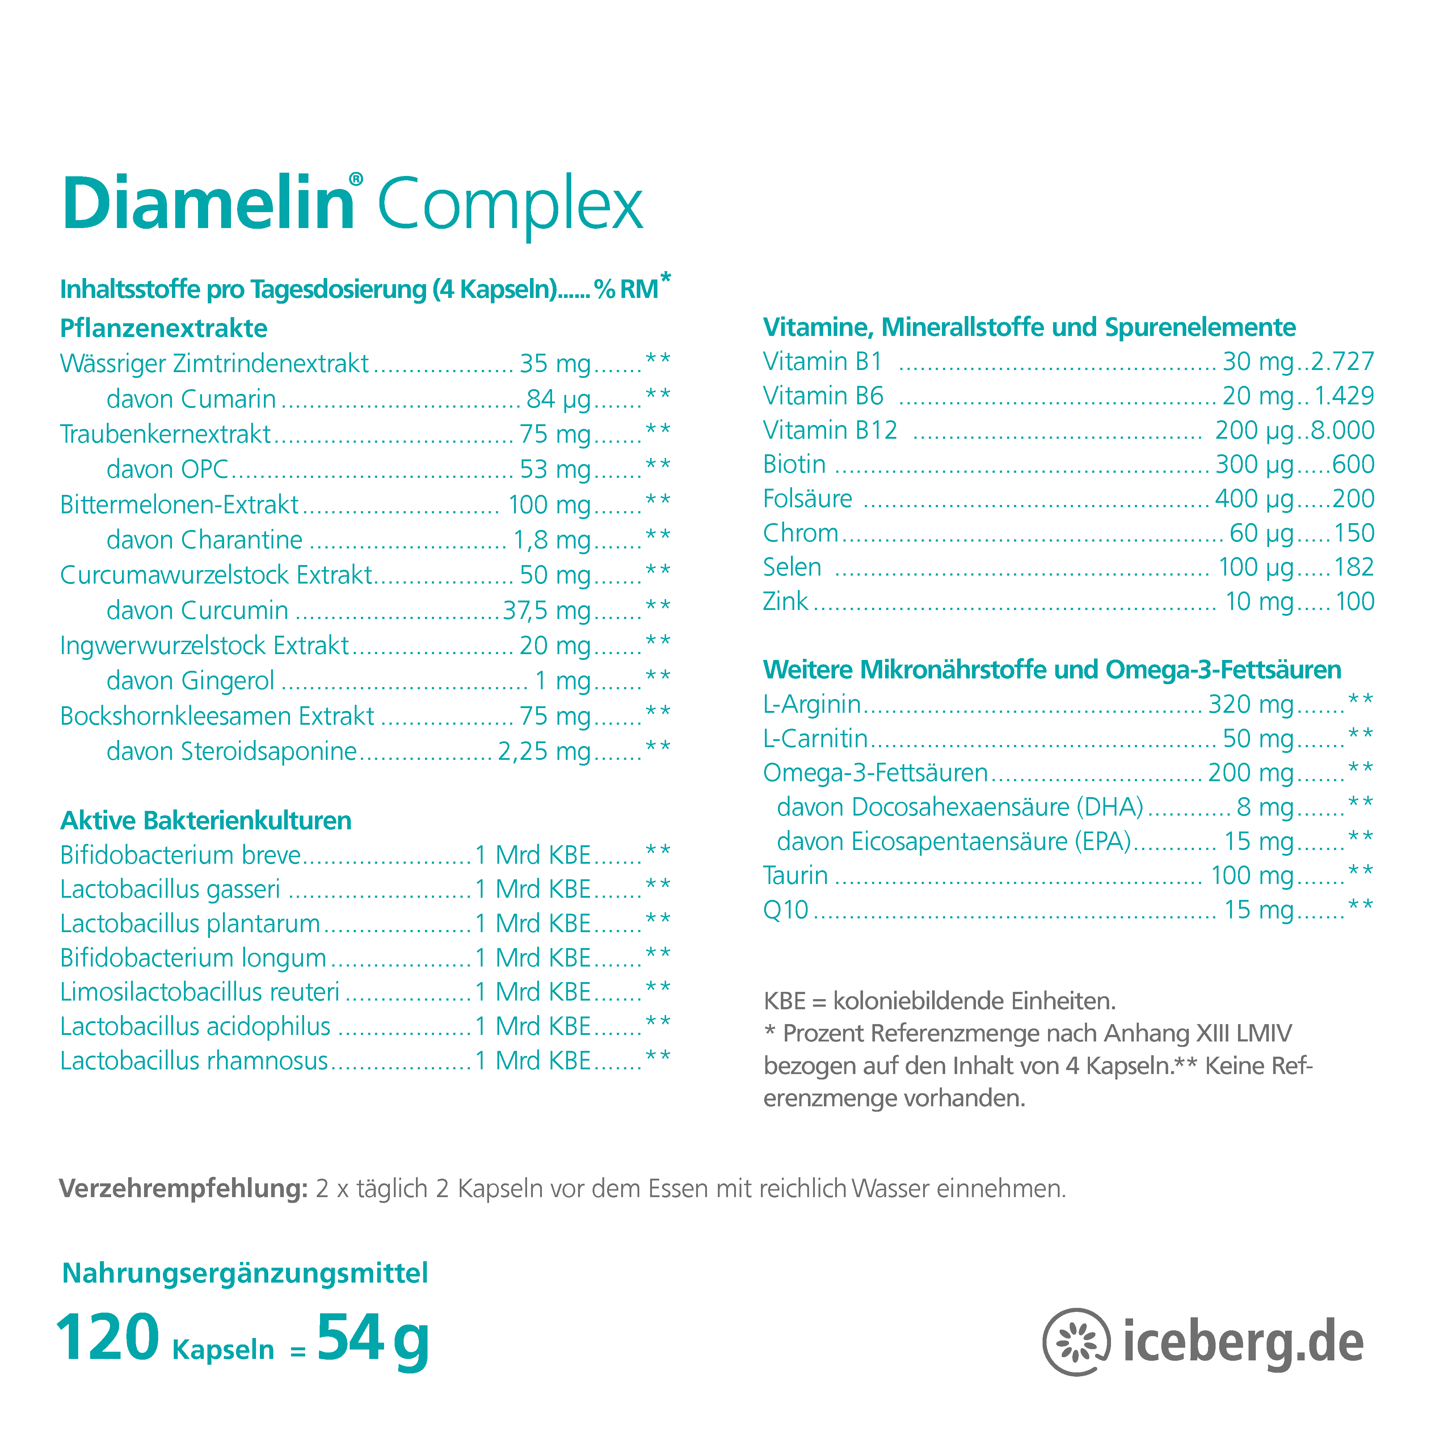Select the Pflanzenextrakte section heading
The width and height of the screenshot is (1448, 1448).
[x=163, y=328]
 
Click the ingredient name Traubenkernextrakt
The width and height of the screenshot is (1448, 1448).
[x=165, y=434]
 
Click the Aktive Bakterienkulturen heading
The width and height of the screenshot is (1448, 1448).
[x=205, y=821]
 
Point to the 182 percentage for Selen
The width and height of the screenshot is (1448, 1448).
[x=1354, y=567]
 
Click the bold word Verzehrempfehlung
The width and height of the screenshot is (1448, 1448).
[x=183, y=1189]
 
